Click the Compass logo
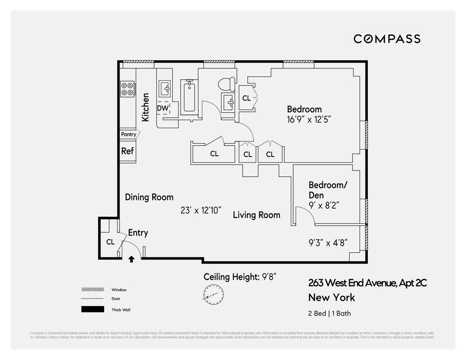pos(387,39)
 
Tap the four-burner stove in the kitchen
pos(127,89)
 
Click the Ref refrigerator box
pos(127,151)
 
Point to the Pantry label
pos(129,134)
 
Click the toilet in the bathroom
pos(226,83)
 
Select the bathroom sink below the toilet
pos(228,103)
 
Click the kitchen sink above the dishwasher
pos(165,89)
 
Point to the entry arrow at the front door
pos(131,259)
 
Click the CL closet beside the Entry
pos(111,242)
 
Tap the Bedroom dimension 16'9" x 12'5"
pos(308,119)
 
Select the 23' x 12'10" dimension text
pos(201,210)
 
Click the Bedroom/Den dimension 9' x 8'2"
pos(324,205)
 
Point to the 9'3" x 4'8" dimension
pos(328,243)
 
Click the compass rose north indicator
pos(213,294)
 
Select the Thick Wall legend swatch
pos(92,310)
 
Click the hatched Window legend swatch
pos(92,290)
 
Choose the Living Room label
pos(256,215)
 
